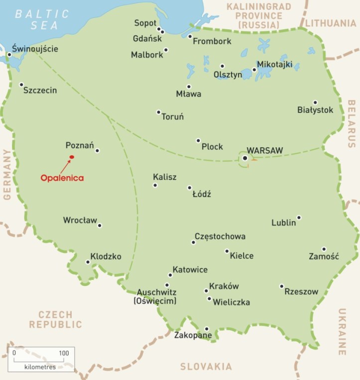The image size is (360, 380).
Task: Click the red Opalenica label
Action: coord(62,178)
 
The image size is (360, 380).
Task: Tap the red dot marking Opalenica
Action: coord(72,157)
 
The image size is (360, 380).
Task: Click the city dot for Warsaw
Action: coord(245,158)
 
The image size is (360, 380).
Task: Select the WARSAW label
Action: coord(265,150)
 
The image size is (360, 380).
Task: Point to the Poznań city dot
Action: coord(97,150)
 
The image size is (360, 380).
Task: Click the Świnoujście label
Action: coord(35,49)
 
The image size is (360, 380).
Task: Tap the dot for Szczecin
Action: coord(21,85)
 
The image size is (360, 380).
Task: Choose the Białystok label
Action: coord(315,110)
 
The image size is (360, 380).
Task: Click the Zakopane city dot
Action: coord(206,328)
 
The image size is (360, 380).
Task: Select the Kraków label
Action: coord(224,286)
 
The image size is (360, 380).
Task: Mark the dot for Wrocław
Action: coord(100,225)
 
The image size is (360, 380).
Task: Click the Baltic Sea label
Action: coord(36,19)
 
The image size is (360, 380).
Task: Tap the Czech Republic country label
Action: coord(55,319)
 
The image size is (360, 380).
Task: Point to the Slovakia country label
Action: coord(206,367)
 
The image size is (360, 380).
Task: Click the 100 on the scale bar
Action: coord(64,353)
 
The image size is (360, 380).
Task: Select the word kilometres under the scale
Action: coord(40,367)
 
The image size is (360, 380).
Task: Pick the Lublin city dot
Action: coord(299,217)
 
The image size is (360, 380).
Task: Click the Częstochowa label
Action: coord(220,236)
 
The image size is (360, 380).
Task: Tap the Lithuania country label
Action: coord(331,23)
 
